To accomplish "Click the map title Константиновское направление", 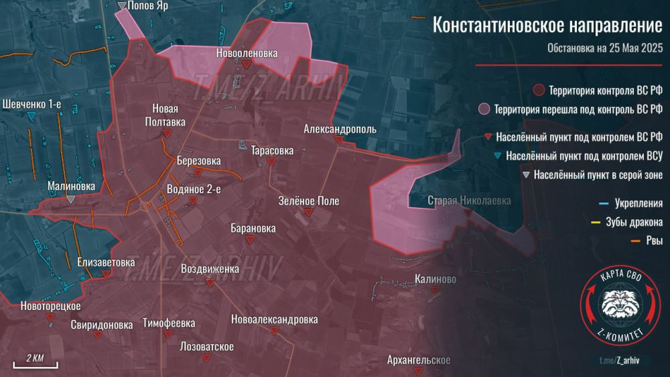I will point(547,25).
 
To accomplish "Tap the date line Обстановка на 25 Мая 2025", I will point(604,48).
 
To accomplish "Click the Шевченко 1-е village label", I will point(32,105).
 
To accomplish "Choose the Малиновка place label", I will point(71,186).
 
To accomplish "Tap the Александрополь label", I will point(340,129).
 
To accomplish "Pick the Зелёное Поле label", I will point(309,201).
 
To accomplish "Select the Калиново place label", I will point(435,279).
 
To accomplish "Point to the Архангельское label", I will point(419,361).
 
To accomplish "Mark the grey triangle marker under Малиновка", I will point(70,199).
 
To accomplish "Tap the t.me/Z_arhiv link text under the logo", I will point(619,361).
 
